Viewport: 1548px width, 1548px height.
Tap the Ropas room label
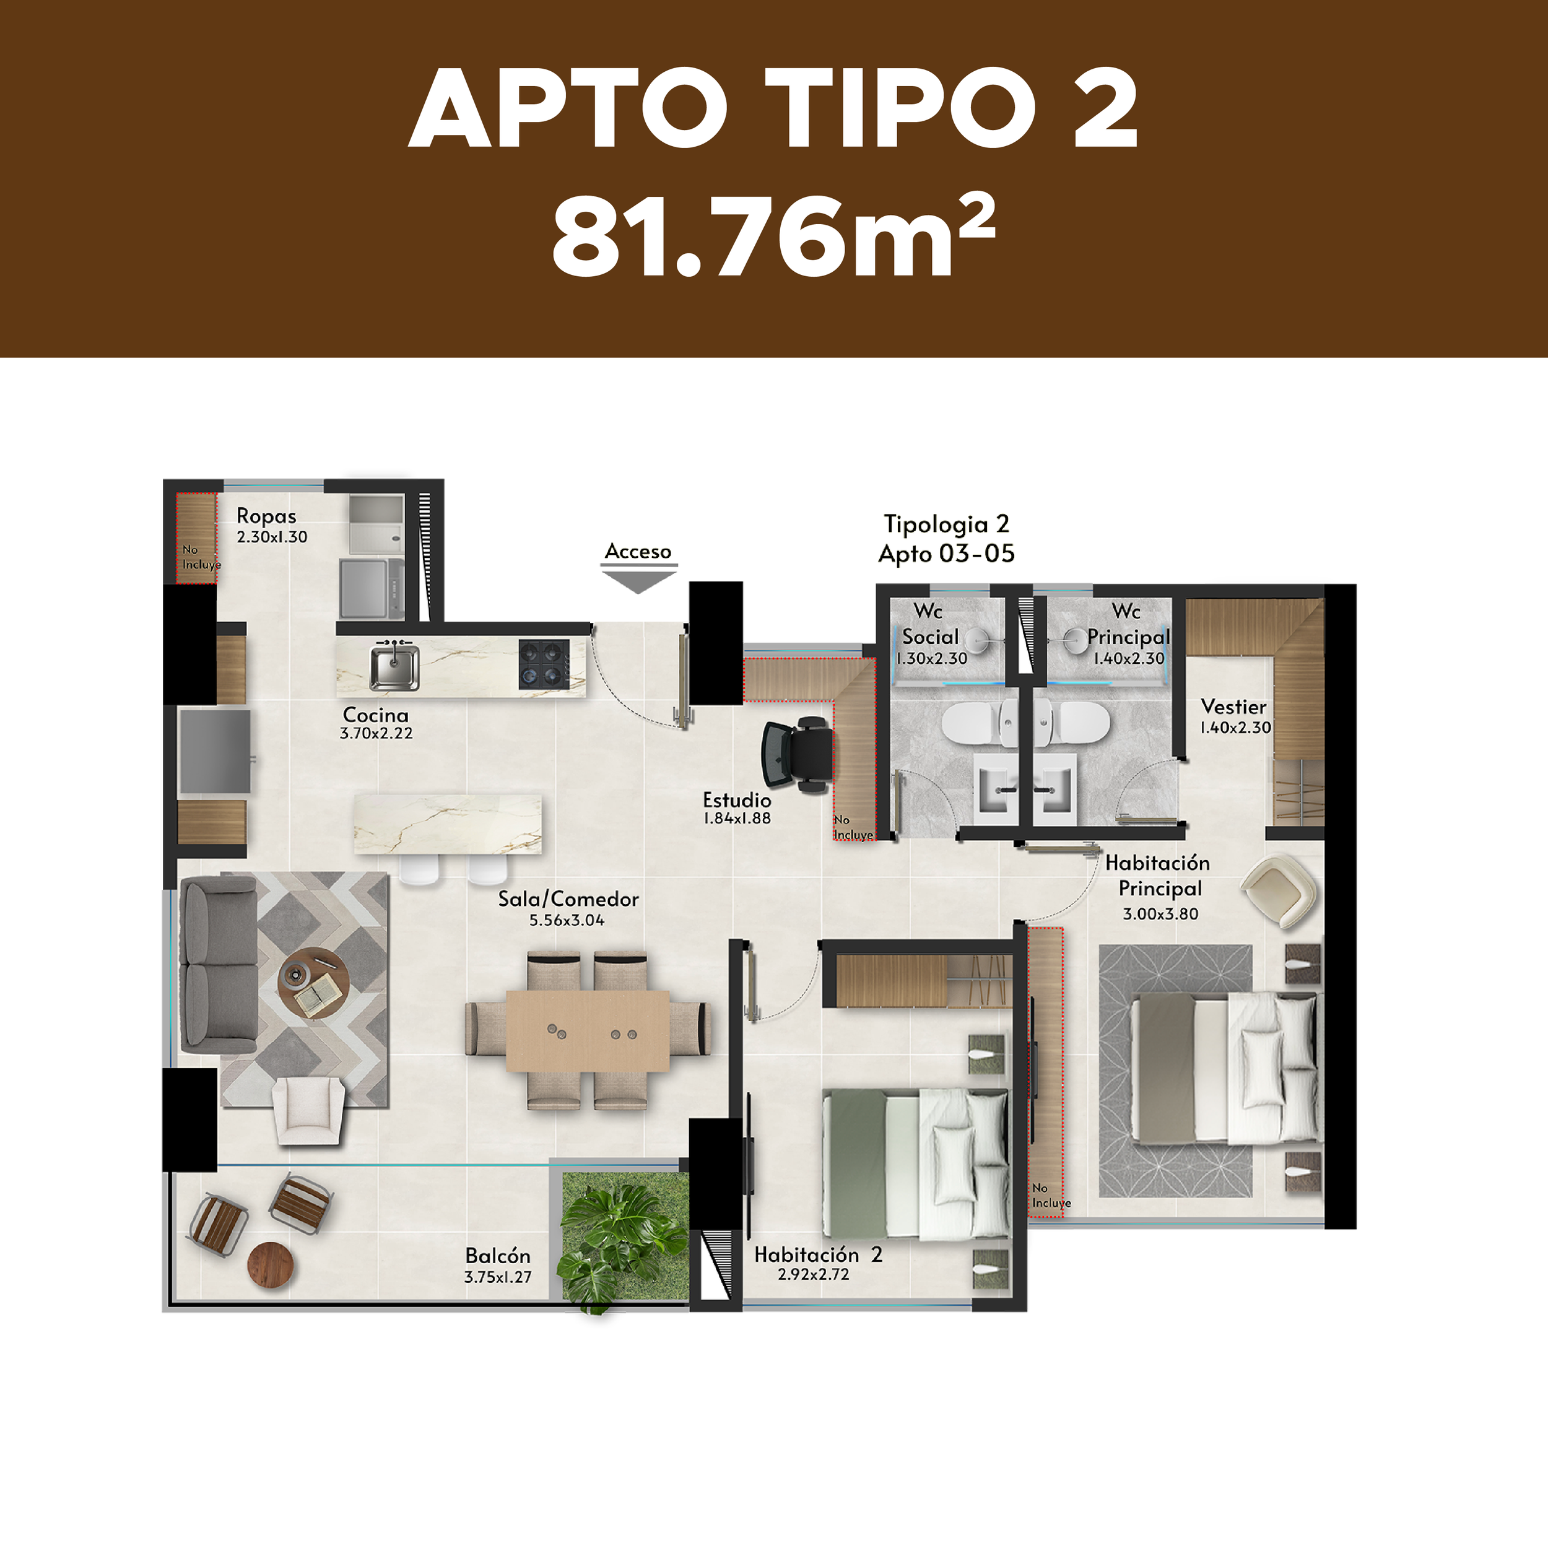point(266,516)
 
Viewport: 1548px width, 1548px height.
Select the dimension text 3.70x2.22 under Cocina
point(376,733)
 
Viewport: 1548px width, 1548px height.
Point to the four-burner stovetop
point(544,663)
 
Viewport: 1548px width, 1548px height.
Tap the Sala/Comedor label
point(568,899)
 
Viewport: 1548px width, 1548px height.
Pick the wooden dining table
point(587,1030)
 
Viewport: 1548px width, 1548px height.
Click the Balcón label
point(498,1256)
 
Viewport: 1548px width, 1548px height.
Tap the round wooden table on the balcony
point(271,1265)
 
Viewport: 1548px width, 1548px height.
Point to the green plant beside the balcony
point(621,1245)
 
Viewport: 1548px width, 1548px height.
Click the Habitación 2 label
point(818,1254)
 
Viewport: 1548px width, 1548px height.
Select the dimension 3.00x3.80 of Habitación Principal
point(1160,914)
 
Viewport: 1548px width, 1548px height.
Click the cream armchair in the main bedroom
point(1280,889)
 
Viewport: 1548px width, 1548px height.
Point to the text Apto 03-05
point(946,554)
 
